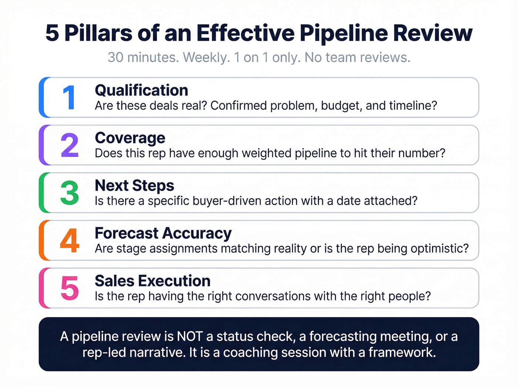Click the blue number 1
click(69, 97)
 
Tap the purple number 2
click(70, 145)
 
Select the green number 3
click(70, 193)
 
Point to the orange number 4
click(70, 241)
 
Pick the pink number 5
click(70, 288)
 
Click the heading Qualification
click(141, 90)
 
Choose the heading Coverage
click(130, 138)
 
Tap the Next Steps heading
click(134, 186)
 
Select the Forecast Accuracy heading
click(163, 233)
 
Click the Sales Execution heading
click(152, 281)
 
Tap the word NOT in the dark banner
click(189, 336)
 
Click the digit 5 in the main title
click(52, 33)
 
